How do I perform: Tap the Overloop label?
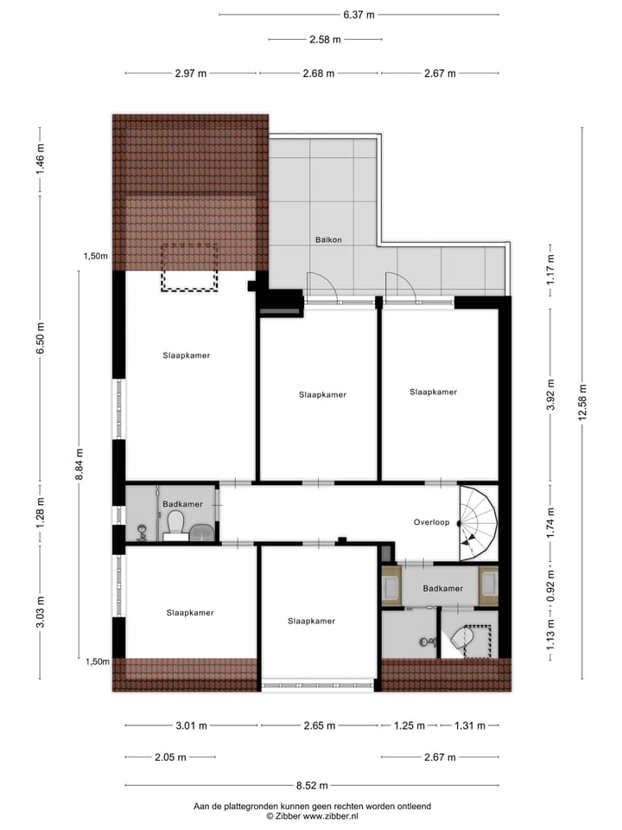429,522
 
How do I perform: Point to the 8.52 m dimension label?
312,786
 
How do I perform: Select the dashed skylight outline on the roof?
188,268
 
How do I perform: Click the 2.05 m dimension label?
169,757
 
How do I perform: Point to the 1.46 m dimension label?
40,159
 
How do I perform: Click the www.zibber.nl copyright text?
312,815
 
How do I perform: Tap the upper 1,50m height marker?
96,256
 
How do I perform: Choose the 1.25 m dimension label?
410,725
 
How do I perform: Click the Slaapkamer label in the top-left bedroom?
187,355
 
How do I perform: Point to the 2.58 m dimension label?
325,39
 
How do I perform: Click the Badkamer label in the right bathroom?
442,589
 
